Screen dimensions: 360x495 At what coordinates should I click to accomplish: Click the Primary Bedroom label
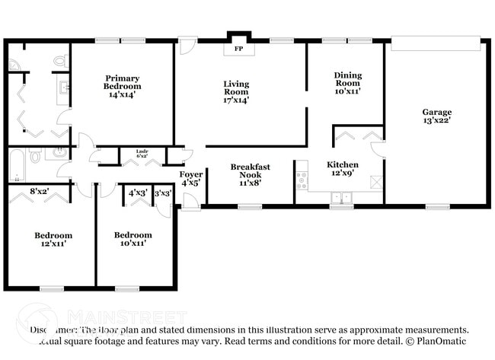tap(123, 82)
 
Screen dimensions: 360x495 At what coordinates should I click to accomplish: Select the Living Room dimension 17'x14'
tap(236, 100)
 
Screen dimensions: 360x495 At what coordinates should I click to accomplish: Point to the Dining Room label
tap(347, 75)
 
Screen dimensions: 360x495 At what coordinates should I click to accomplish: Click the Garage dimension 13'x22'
tap(437, 122)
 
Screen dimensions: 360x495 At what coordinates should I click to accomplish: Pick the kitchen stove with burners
tap(302, 180)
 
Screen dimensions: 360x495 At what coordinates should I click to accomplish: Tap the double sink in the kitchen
tap(341, 198)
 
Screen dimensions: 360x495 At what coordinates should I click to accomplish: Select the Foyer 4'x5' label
tap(190, 178)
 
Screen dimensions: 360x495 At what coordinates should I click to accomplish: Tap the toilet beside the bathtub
tap(35, 155)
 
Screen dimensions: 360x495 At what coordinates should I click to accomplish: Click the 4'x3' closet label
tap(137, 193)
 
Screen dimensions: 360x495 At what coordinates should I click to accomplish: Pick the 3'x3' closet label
tap(163, 193)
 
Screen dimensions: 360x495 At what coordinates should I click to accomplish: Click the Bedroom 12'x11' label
tap(53, 239)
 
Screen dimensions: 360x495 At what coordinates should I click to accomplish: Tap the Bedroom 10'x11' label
tap(133, 239)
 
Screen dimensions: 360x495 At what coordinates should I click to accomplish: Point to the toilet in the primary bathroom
tap(60, 59)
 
